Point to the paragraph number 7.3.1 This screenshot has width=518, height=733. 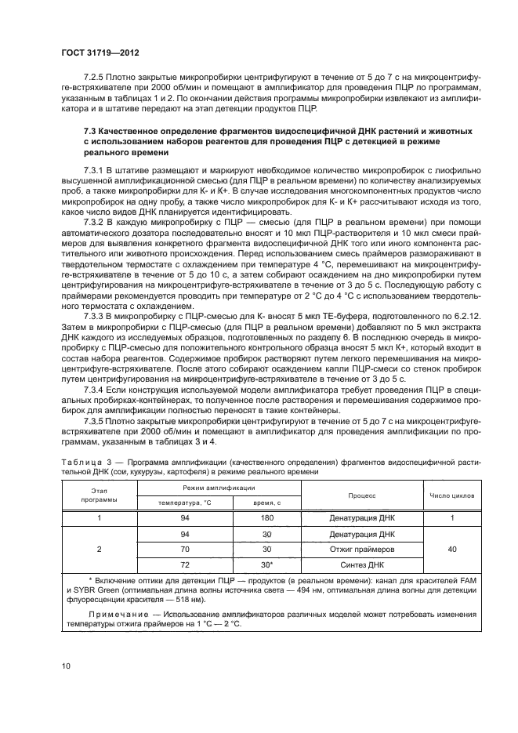tap(94, 169)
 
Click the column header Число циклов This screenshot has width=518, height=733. tap(451, 495)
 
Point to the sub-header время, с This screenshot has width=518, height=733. tap(266, 503)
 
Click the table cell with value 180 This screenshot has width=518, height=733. tap(266, 518)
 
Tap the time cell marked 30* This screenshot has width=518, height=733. tap(266, 564)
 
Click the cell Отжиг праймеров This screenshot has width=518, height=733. tap(363, 549)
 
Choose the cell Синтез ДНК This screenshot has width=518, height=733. tap(363, 564)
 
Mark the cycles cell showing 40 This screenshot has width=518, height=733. tap(451, 549)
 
